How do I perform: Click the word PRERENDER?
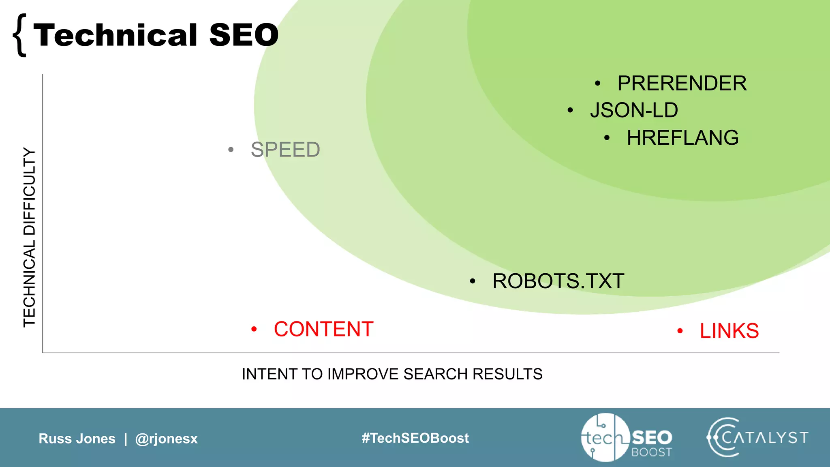pyautogui.click(x=682, y=84)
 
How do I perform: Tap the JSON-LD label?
pyautogui.click(x=634, y=110)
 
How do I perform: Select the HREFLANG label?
pyautogui.click(x=682, y=138)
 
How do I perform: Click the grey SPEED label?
pyautogui.click(x=285, y=150)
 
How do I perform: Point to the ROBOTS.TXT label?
pyautogui.click(x=558, y=281)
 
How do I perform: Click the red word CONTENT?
pyautogui.click(x=323, y=329)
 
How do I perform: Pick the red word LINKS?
pyautogui.click(x=729, y=331)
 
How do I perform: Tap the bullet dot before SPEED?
pyautogui.click(x=231, y=150)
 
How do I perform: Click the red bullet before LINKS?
pyautogui.click(x=680, y=331)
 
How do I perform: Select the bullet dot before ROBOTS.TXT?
pyautogui.click(x=473, y=281)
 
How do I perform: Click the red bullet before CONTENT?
pyautogui.click(x=254, y=329)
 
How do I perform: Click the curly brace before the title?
pyautogui.click(x=20, y=35)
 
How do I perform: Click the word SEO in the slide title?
pyautogui.click(x=244, y=35)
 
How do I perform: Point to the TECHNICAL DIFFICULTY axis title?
pyautogui.click(x=30, y=237)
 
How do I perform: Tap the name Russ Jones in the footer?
pyautogui.click(x=77, y=439)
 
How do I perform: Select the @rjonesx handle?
pyautogui.click(x=167, y=439)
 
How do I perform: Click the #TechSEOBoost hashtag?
pyautogui.click(x=415, y=438)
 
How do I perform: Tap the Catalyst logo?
pyautogui.click(x=757, y=437)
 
